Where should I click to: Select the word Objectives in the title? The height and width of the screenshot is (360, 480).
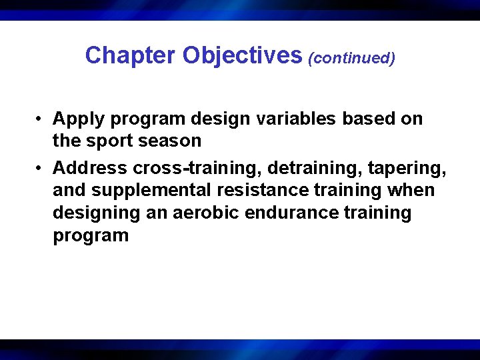point(242,55)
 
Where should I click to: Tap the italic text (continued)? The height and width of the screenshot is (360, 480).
point(351,58)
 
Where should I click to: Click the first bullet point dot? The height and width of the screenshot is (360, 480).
point(41,119)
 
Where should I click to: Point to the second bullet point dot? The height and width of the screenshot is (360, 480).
point(41,166)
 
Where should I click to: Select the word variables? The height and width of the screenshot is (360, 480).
point(290,119)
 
